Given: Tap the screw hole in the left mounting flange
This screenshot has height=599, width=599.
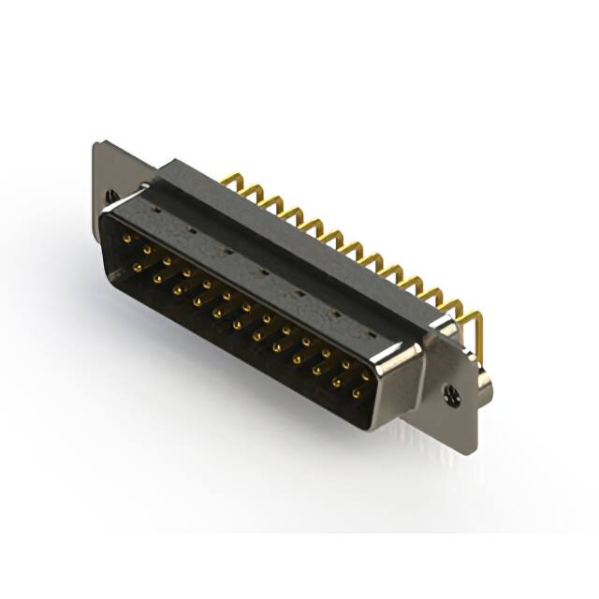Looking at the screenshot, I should click(x=113, y=196).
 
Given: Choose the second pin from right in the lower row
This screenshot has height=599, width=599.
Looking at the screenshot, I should click(x=335, y=383).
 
